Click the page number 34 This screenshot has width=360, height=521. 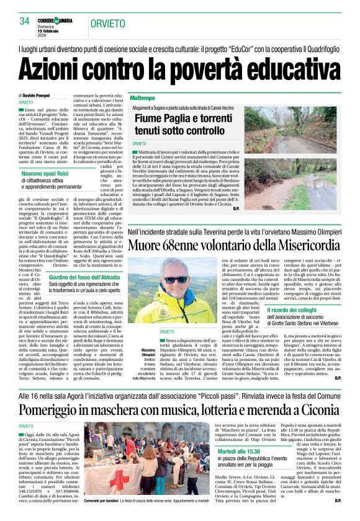tap(24, 20)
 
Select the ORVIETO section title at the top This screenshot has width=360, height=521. tap(107, 22)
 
